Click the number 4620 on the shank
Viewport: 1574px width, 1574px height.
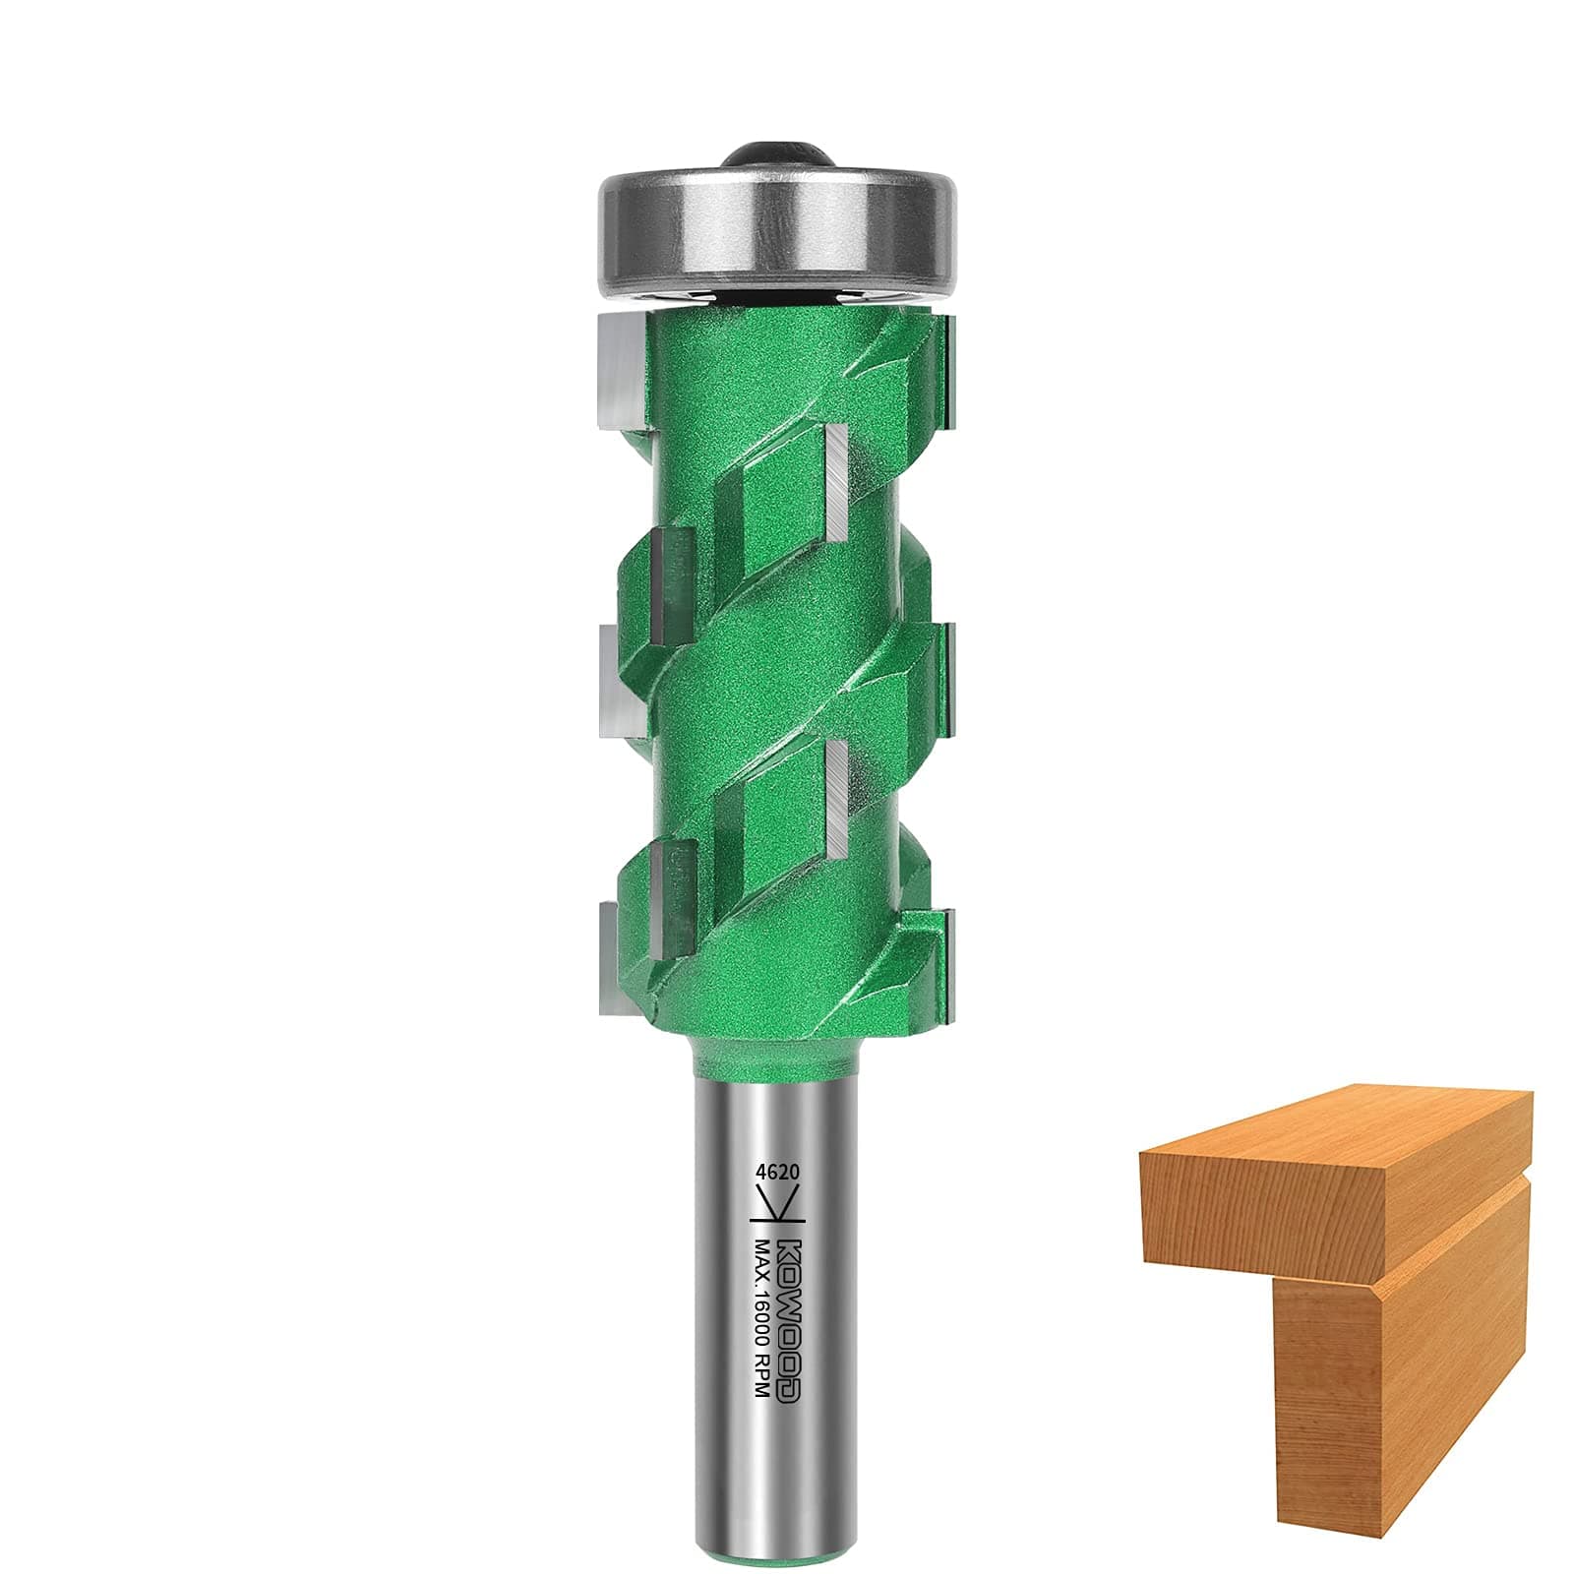pos(775,1172)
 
